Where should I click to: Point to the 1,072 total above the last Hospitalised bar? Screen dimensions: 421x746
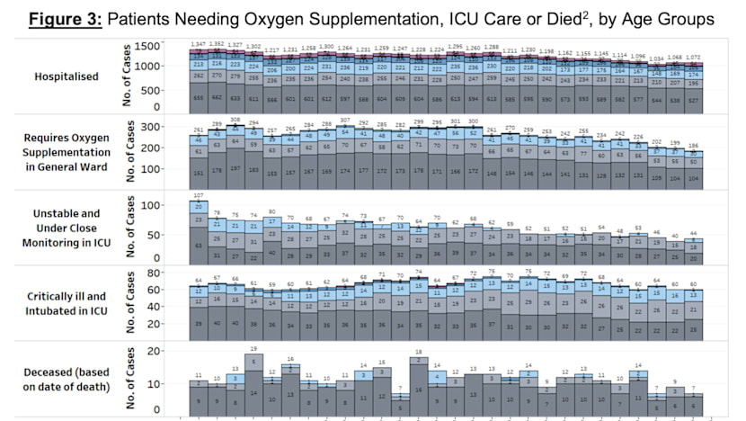point(695,57)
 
